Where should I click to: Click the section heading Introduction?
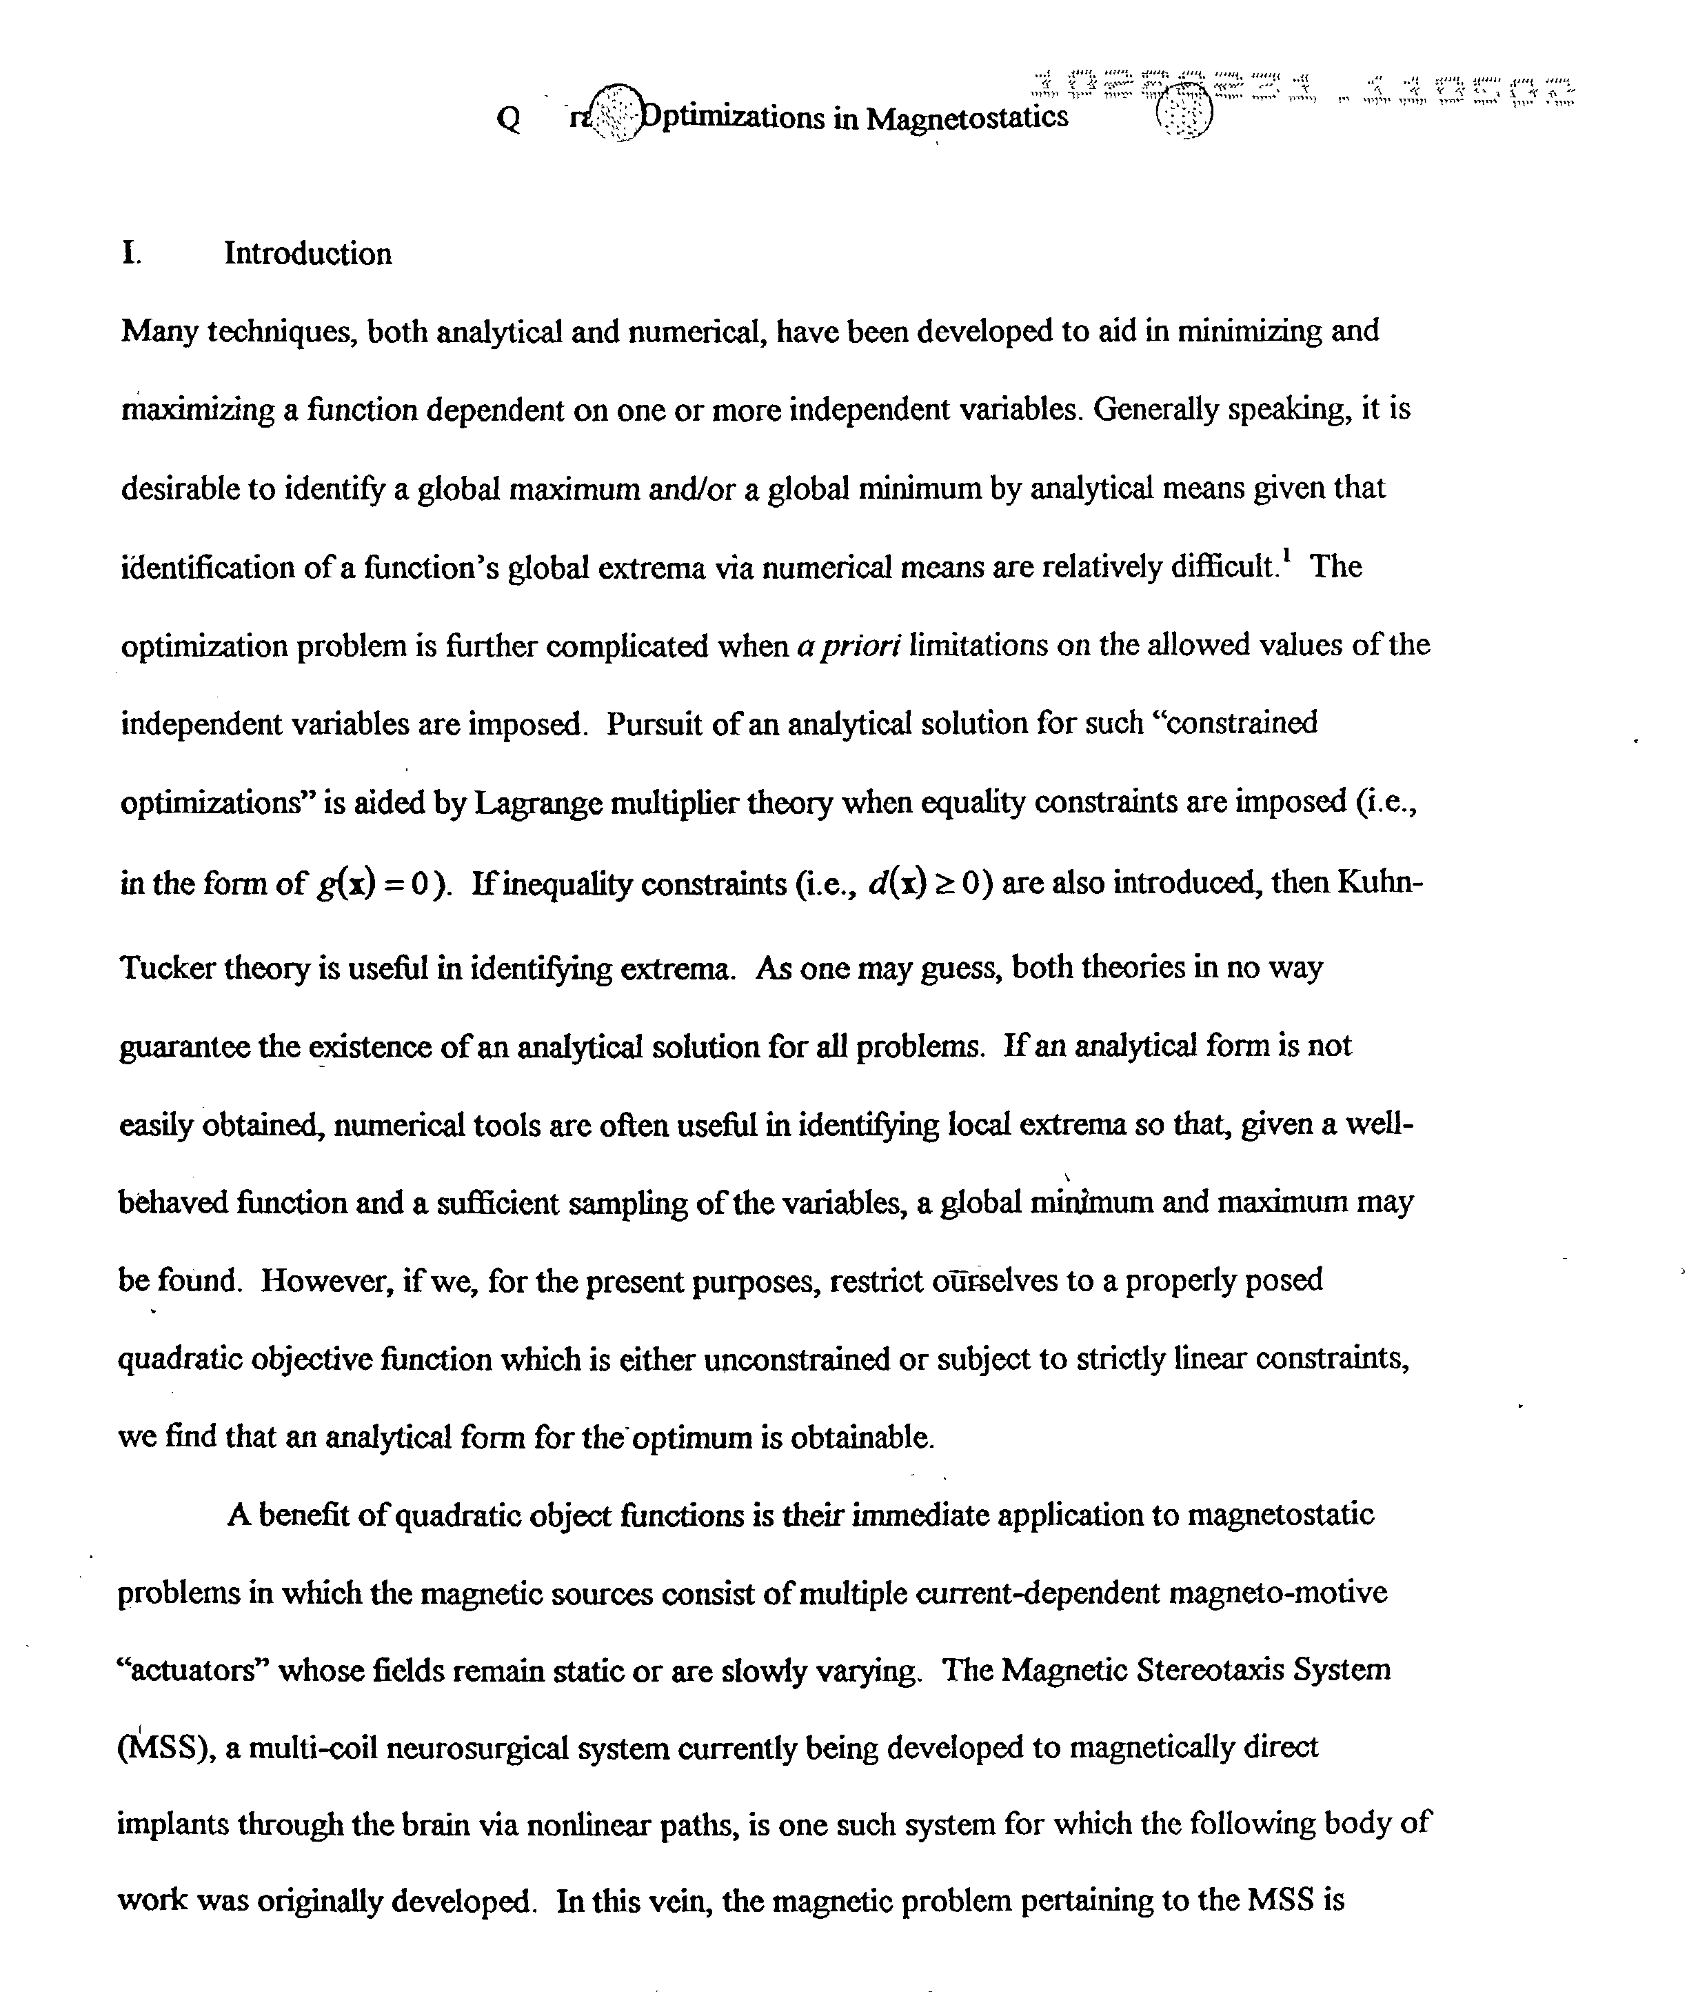(x=308, y=254)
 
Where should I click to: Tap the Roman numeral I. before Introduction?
(x=132, y=254)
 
